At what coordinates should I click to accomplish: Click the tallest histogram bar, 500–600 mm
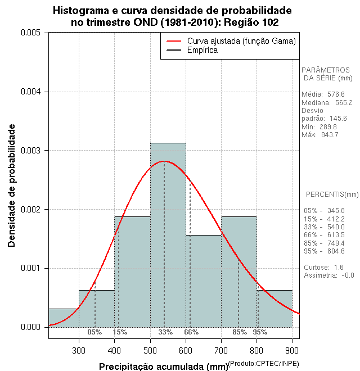[168, 236]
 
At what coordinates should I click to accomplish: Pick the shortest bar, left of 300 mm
[64, 318]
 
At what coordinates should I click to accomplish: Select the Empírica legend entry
[202, 50]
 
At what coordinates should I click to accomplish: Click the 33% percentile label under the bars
[165, 332]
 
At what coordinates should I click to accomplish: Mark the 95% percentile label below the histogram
[260, 332]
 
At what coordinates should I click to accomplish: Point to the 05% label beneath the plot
[94, 332]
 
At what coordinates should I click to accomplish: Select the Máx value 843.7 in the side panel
[328, 135]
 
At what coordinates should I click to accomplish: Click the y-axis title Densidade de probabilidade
[11, 185]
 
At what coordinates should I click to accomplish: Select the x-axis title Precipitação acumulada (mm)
[163, 367]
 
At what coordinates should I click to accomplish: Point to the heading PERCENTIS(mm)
[332, 194]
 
